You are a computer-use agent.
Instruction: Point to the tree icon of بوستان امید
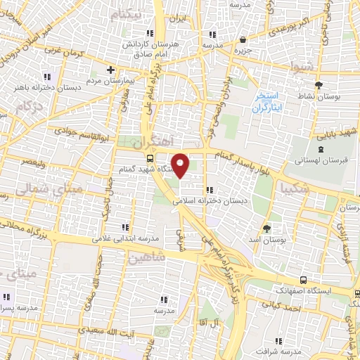click(x=266, y=229)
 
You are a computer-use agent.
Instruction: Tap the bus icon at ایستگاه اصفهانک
click(x=302, y=279)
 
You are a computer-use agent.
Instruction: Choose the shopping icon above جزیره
click(x=243, y=40)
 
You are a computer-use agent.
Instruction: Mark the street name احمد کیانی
click(x=282, y=304)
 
